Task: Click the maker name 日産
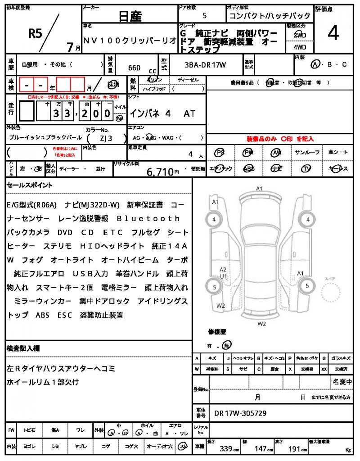pos(130,17)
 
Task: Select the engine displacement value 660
pos(134,68)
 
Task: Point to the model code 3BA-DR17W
pos(205,65)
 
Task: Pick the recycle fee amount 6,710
pos(160,171)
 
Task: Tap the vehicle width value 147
pos(261,449)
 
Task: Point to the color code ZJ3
pos(106,138)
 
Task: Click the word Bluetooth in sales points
pos(148,218)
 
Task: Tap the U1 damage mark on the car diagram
pos(223,276)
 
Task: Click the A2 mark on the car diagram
pos(223,269)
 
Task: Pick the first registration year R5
pos(35,33)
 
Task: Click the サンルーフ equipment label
pos(307,153)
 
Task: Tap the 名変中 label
pos(342,382)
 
